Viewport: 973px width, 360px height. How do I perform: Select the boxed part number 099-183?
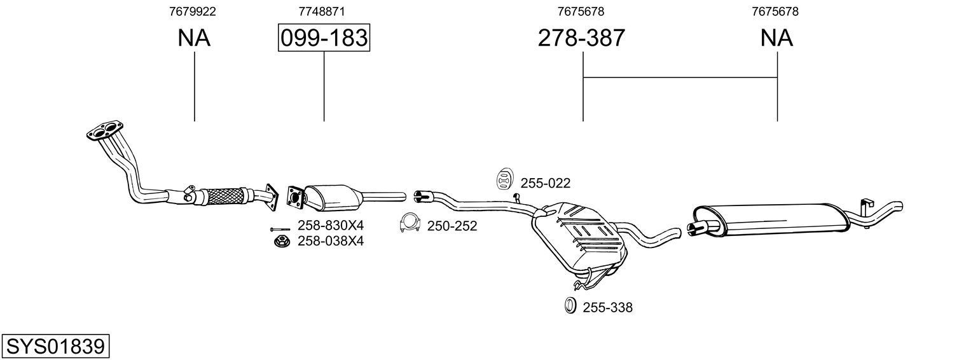point(324,38)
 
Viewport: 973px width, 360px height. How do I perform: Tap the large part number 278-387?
point(581,38)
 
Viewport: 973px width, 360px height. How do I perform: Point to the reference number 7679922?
point(194,11)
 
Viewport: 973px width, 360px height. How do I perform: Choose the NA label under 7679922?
point(194,38)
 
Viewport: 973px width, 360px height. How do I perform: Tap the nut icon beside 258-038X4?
point(280,241)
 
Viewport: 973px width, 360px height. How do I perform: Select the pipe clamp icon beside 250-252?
point(411,225)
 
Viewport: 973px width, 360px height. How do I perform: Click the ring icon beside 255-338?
point(570,306)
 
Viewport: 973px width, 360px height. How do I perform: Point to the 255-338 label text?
point(607,308)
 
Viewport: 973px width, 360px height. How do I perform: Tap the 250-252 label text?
point(452,226)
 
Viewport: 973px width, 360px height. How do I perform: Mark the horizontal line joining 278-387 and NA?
point(680,77)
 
